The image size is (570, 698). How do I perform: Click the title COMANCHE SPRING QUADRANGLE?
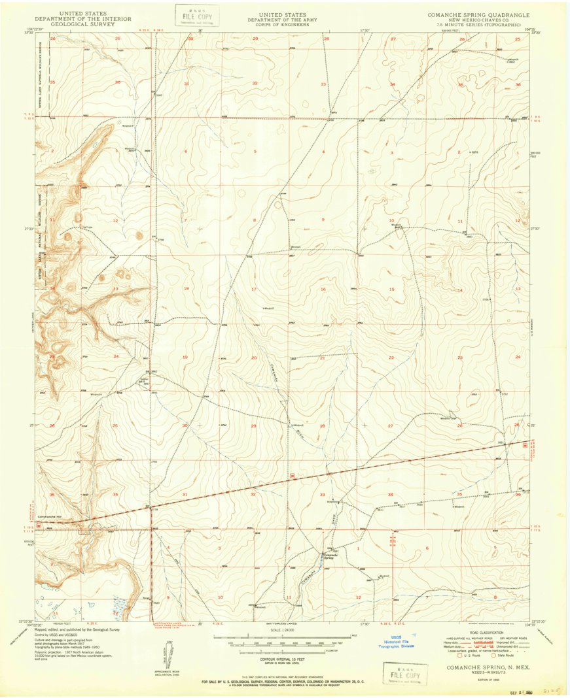(x=478, y=14)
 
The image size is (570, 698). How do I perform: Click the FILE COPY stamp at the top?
(x=196, y=15)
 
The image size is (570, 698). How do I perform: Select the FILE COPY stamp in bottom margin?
(x=405, y=673)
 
